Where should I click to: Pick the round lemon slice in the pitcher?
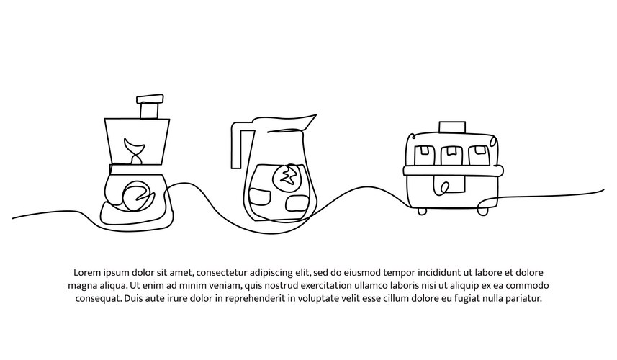(x=287, y=176)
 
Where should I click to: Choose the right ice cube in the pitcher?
(x=296, y=204)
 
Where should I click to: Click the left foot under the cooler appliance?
(x=423, y=211)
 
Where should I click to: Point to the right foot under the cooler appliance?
(x=482, y=211)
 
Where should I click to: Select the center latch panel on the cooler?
(x=446, y=187)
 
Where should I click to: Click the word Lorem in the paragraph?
(x=88, y=273)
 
